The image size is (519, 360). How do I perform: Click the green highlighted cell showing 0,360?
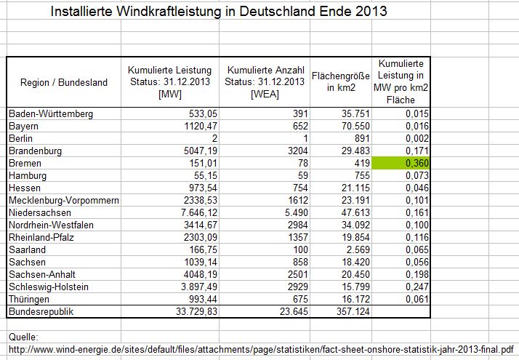click(402, 164)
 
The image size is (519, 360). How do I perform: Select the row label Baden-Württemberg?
click(51, 114)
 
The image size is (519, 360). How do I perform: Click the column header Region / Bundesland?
click(64, 82)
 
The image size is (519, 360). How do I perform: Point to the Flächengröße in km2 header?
click(341, 82)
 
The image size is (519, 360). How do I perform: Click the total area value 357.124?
click(355, 312)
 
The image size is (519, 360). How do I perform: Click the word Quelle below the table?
click(23, 337)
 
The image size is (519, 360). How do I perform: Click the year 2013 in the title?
click(372, 12)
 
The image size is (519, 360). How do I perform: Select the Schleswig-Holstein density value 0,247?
click(417, 287)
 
